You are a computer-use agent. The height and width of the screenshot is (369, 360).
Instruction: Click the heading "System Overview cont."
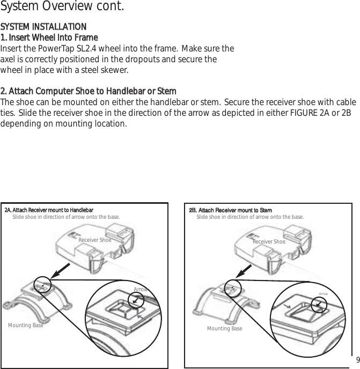[63, 8]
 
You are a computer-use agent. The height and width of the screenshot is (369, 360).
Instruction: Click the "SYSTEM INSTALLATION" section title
[43, 27]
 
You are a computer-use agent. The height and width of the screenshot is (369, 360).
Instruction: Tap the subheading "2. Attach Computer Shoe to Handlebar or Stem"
[89, 91]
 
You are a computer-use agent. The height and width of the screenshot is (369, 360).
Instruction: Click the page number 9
[356, 359]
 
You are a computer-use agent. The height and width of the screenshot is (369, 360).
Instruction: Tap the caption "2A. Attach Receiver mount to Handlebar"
[49, 210]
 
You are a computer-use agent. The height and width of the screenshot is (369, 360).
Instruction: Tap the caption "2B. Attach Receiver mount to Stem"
[231, 210]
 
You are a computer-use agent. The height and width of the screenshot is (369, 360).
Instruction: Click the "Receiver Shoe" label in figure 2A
[95, 240]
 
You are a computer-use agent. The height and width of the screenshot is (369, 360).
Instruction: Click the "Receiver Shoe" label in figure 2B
[269, 242]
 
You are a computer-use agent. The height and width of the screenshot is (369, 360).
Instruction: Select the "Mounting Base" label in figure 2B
[224, 328]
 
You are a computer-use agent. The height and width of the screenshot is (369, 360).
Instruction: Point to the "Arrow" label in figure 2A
[141, 290]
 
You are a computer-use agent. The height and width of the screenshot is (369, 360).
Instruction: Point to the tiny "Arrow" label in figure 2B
[324, 294]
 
